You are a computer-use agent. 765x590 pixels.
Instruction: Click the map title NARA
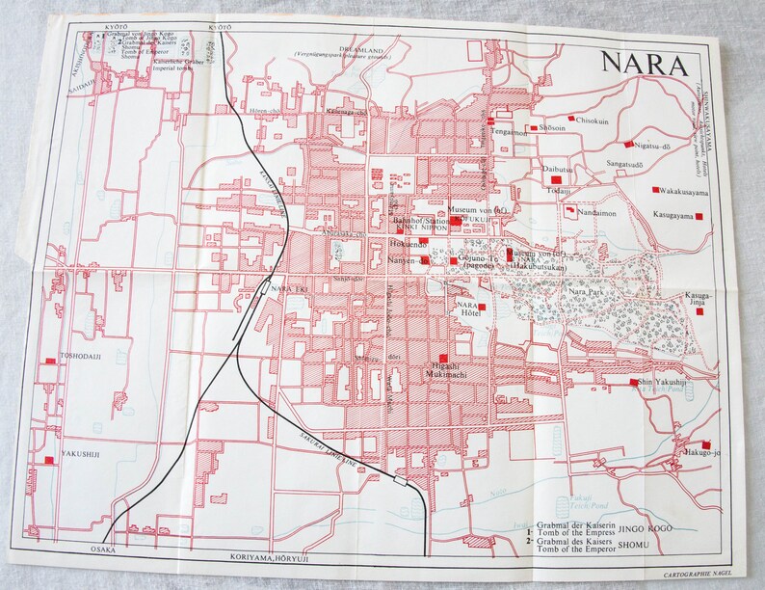(644, 64)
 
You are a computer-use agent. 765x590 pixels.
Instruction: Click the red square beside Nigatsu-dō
(628, 144)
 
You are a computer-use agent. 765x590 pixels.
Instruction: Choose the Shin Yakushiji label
(664, 382)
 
